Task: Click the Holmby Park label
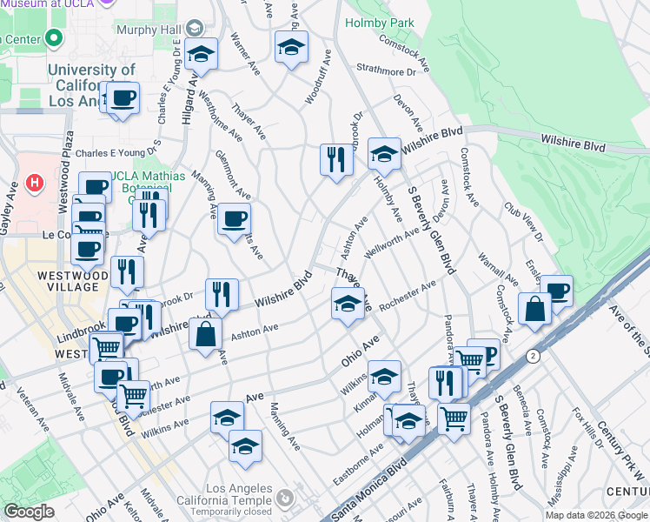(380, 23)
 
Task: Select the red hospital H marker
(35, 183)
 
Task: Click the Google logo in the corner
(29, 512)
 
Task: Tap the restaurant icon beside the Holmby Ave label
(335, 158)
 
